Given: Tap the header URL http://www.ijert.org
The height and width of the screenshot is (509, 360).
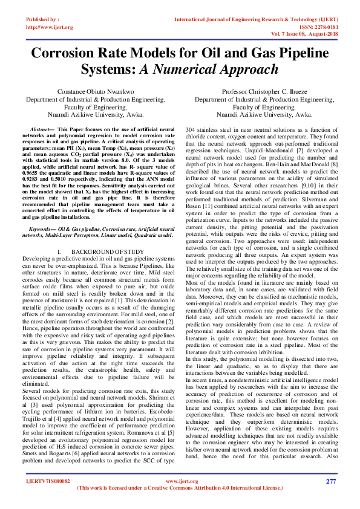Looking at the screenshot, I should pyautogui.click(x=50, y=27).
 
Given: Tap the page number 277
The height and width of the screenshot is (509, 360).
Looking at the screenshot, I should pyautogui.click(x=330, y=482).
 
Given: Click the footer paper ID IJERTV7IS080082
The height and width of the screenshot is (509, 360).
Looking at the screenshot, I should pyautogui.click(x=48, y=482).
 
